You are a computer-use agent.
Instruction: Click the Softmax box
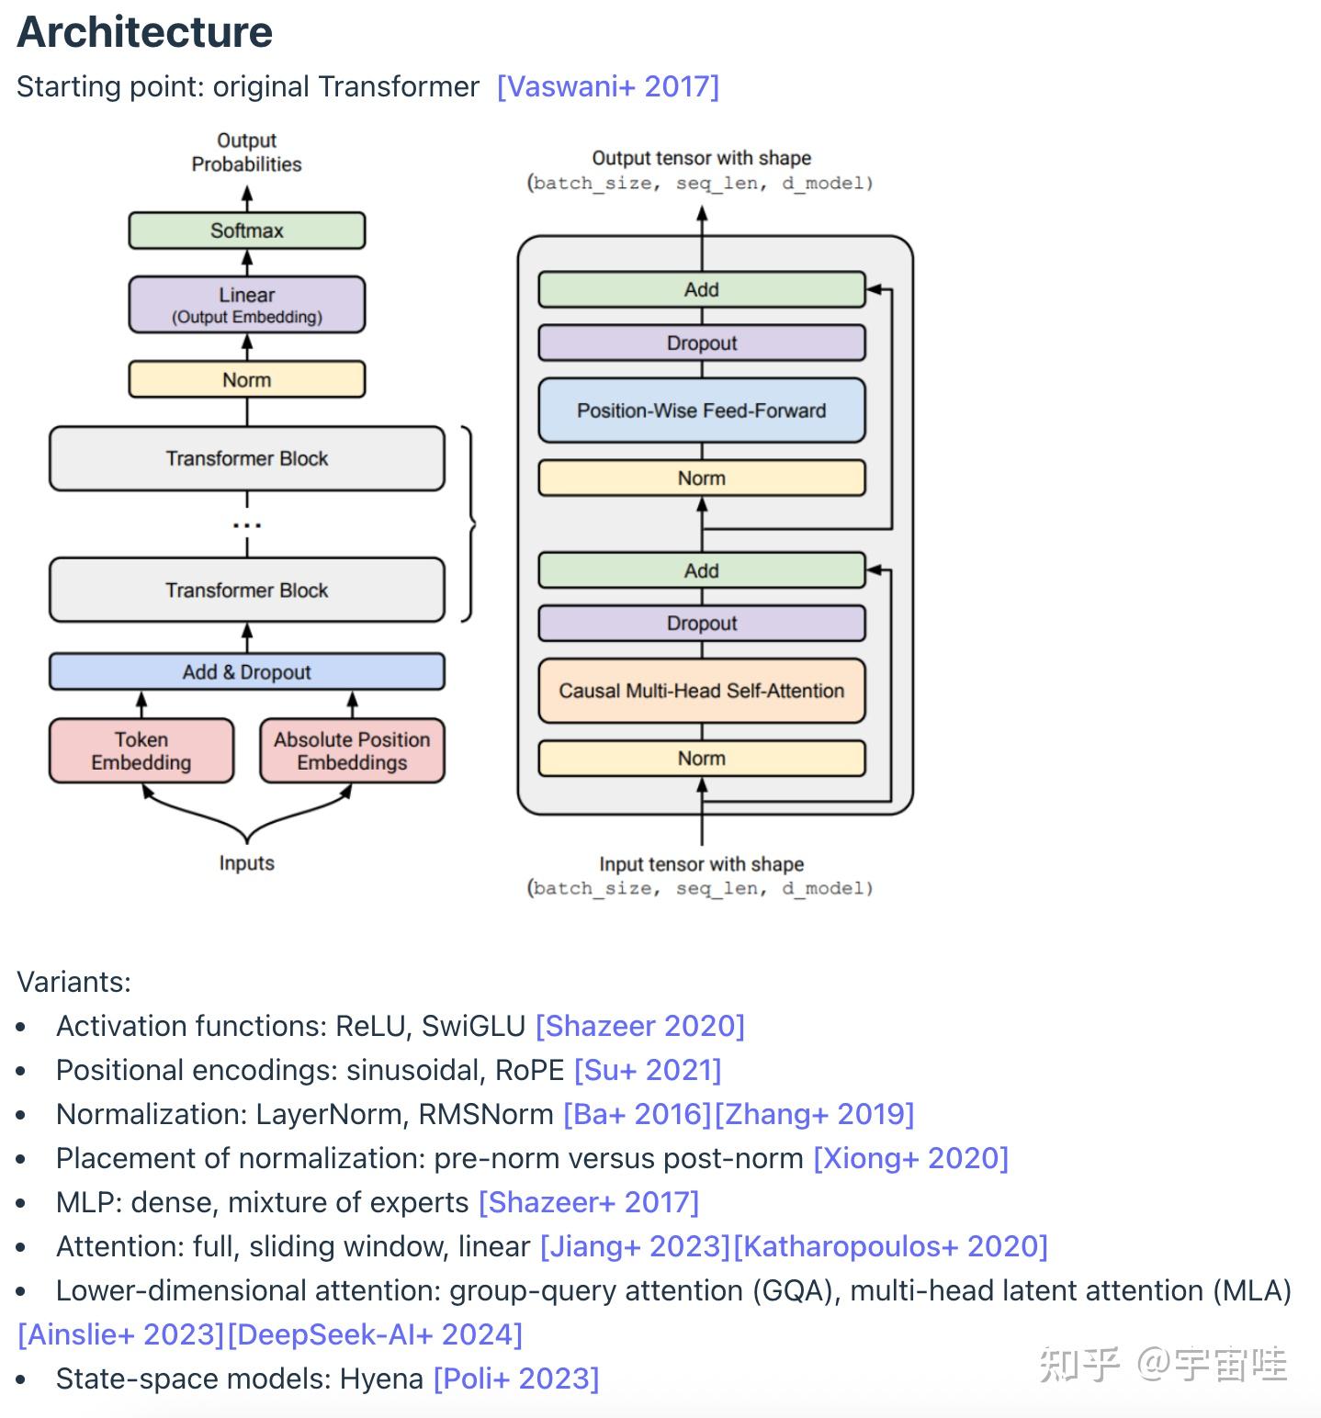tap(246, 231)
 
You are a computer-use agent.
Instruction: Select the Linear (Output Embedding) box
tap(246, 305)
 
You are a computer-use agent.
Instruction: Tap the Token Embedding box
tap(141, 750)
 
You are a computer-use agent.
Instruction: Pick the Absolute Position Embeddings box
tap(352, 750)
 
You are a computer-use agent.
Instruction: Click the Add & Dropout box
tap(246, 671)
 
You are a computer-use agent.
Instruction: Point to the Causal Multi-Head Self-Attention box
tap(702, 691)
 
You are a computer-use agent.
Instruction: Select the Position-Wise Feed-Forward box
tap(702, 411)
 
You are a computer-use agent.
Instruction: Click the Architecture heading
tap(145, 32)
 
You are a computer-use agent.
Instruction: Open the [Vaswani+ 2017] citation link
tap(608, 86)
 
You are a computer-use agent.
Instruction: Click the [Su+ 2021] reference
tap(648, 1070)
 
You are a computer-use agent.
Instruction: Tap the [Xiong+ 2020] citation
tap(911, 1158)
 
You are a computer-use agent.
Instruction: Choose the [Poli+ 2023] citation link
tap(516, 1379)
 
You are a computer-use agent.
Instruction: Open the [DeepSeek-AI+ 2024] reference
tap(375, 1334)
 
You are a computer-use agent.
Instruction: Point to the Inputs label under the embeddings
tap(246, 863)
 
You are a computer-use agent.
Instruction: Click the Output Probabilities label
tap(246, 152)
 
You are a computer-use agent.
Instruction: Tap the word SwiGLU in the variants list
tap(473, 1026)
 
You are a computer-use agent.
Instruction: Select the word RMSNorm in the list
tap(486, 1114)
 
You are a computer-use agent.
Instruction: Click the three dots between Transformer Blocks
tap(246, 525)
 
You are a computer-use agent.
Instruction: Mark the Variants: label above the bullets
tap(73, 982)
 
